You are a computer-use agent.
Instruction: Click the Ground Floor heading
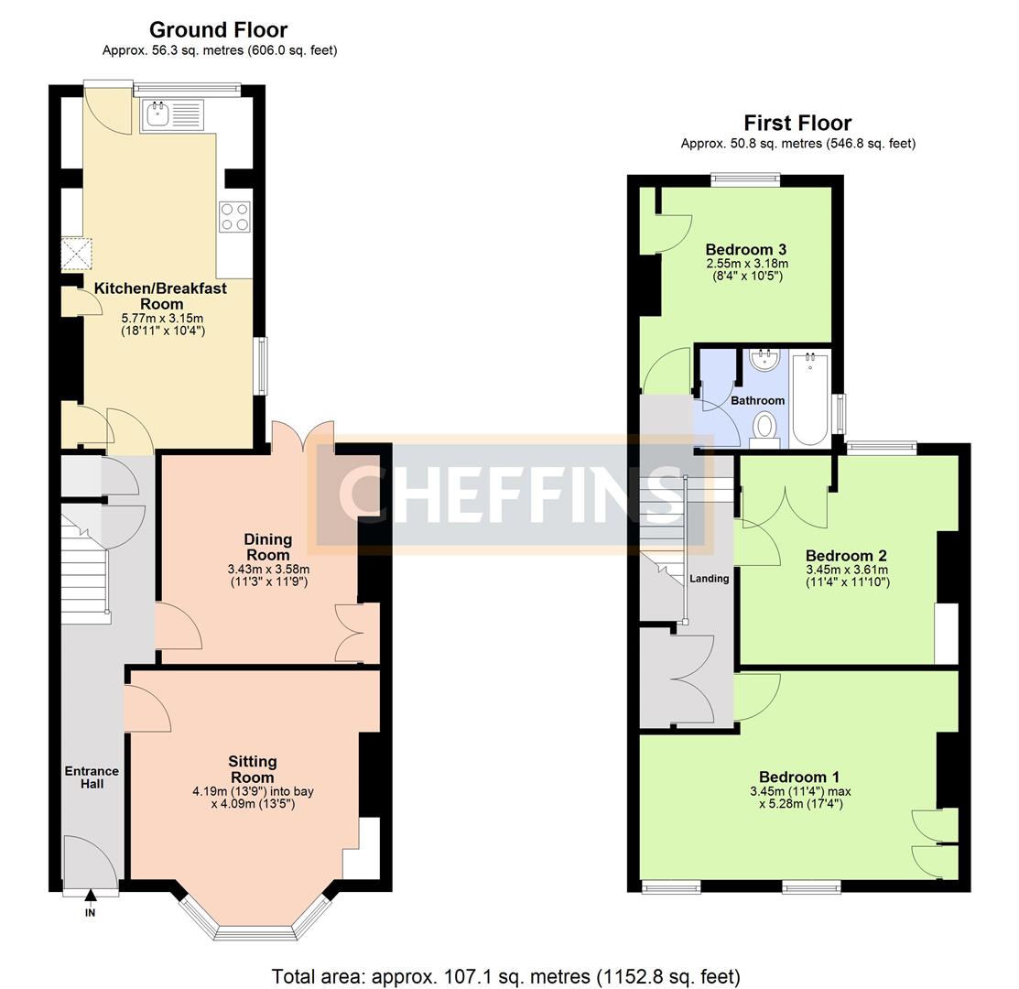pyautogui.click(x=218, y=30)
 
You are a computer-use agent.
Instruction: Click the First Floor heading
pyautogui.click(x=797, y=123)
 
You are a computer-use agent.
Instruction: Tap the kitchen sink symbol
pyautogui.click(x=172, y=115)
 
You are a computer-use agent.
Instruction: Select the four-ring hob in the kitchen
pyautogui.click(x=234, y=217)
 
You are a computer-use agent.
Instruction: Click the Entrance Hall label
pyautogui.click(x=92, y=777)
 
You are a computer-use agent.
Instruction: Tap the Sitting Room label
pyautogui.click(x=252, y=769)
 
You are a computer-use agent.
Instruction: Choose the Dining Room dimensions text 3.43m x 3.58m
pyautogui.click(x=268, y=570)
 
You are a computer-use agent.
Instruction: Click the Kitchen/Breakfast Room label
pyautogui.click(x=160, y=297)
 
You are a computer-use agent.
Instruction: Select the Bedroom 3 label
pyautogui.click(x=746, y=249)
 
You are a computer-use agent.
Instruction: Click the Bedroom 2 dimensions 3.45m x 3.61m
pyautogui.click(x=847, y=570)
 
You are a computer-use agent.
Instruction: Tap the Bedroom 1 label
pyautogui.click(x=799, y=777)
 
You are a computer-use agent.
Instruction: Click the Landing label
pyautogui.click(x=709, y=579)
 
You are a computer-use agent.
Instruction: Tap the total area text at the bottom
pyautogui.click(x=505, y=977)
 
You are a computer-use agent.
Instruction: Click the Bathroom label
pyautogui.click(x=758, y=400)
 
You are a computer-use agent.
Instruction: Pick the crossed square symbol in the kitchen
pyautogui.click(x=77, y=254)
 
